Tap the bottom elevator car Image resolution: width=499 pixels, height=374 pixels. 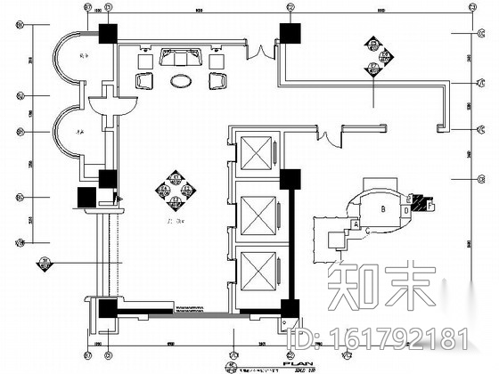pos(254,270)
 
